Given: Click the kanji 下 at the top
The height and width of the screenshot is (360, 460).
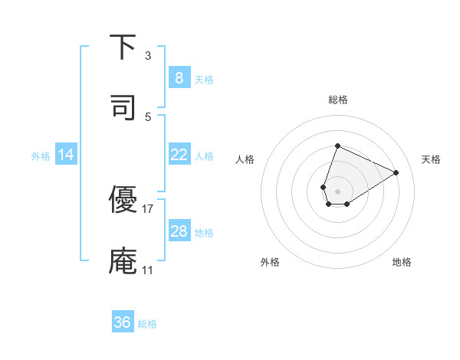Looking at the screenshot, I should point(123,47).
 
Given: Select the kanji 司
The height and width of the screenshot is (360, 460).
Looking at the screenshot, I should point(123,108).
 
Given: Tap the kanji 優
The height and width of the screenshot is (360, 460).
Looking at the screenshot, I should point(123,199).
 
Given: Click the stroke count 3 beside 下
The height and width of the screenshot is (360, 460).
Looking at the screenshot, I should point(148,56).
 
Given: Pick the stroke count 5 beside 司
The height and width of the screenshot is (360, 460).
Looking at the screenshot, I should point(148,117).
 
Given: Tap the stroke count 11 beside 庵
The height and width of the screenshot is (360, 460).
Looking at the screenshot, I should point(148,270).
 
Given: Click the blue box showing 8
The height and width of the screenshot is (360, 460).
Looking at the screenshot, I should point(179,78).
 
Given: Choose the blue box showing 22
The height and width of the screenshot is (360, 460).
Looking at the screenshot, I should point(179,155).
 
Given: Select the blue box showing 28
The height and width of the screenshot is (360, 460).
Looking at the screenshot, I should point(179,231).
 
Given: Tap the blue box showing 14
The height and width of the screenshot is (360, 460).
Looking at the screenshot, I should point(66,155).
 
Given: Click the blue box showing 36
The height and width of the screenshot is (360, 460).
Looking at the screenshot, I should point(123,322).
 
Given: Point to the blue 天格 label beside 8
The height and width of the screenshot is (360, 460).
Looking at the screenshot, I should point(204,80).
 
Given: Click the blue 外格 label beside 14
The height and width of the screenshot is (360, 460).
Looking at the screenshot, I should point(41,156).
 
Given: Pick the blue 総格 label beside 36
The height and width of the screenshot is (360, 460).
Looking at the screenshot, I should point(147,324).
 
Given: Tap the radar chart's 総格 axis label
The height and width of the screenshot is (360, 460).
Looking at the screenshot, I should point(337,100).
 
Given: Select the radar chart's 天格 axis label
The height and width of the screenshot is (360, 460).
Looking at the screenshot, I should point(431,159).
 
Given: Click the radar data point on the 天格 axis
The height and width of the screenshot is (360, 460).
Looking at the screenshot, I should point(396,172).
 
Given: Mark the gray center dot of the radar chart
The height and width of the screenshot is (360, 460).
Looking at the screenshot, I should point(337,191).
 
